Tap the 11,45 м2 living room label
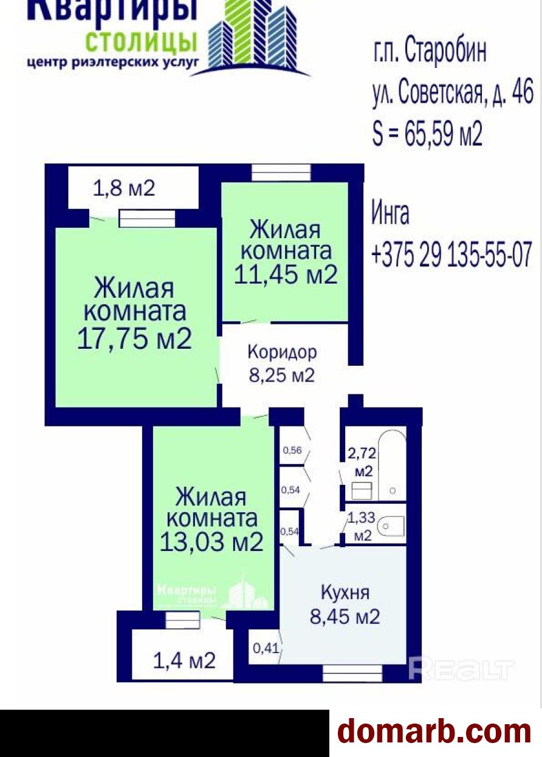286,274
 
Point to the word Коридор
282,352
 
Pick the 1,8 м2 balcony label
124,188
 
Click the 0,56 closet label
292,450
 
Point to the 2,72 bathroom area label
362,453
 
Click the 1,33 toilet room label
361,518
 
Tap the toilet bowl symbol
391,526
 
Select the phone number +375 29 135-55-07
451,255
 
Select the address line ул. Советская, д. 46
453,92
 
